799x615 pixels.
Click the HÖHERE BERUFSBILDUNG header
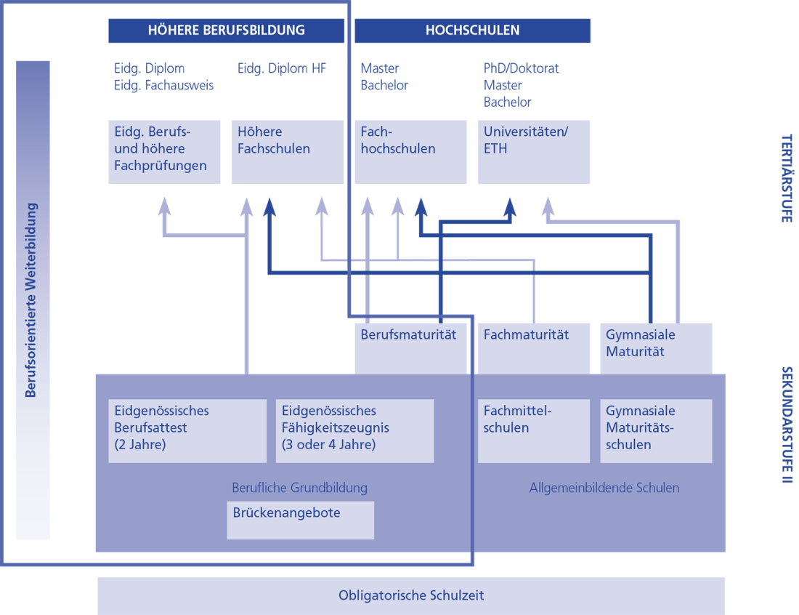[x=226, y=31]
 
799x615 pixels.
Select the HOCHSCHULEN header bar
[x=472, y=31]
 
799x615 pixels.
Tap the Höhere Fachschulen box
[x=287, y=151]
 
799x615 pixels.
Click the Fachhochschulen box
[x=410, y=151]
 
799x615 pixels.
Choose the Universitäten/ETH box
[x=533, y=151]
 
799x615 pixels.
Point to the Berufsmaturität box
[x=410, y=347]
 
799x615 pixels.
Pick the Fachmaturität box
[x=533, y=347]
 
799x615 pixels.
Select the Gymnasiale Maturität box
[x=656, y=347]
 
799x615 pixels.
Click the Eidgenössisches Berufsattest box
[x=187, y=430]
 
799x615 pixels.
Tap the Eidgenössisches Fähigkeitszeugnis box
[x=354, y=430]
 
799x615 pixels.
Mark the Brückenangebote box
[x=300, y=520]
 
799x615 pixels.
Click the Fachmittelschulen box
[x=533, y=430]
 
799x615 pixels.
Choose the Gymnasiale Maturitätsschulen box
[x=656, y=430]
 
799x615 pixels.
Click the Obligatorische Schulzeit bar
[x=411, y=596]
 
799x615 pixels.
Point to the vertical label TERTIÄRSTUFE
[x=786, y=178]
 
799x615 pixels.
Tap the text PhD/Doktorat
[x=522, y=68]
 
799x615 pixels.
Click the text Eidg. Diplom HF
[x=282, y=68]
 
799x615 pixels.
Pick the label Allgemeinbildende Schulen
[x=604, y=488]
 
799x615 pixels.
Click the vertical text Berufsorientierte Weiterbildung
[x=31, y=300]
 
